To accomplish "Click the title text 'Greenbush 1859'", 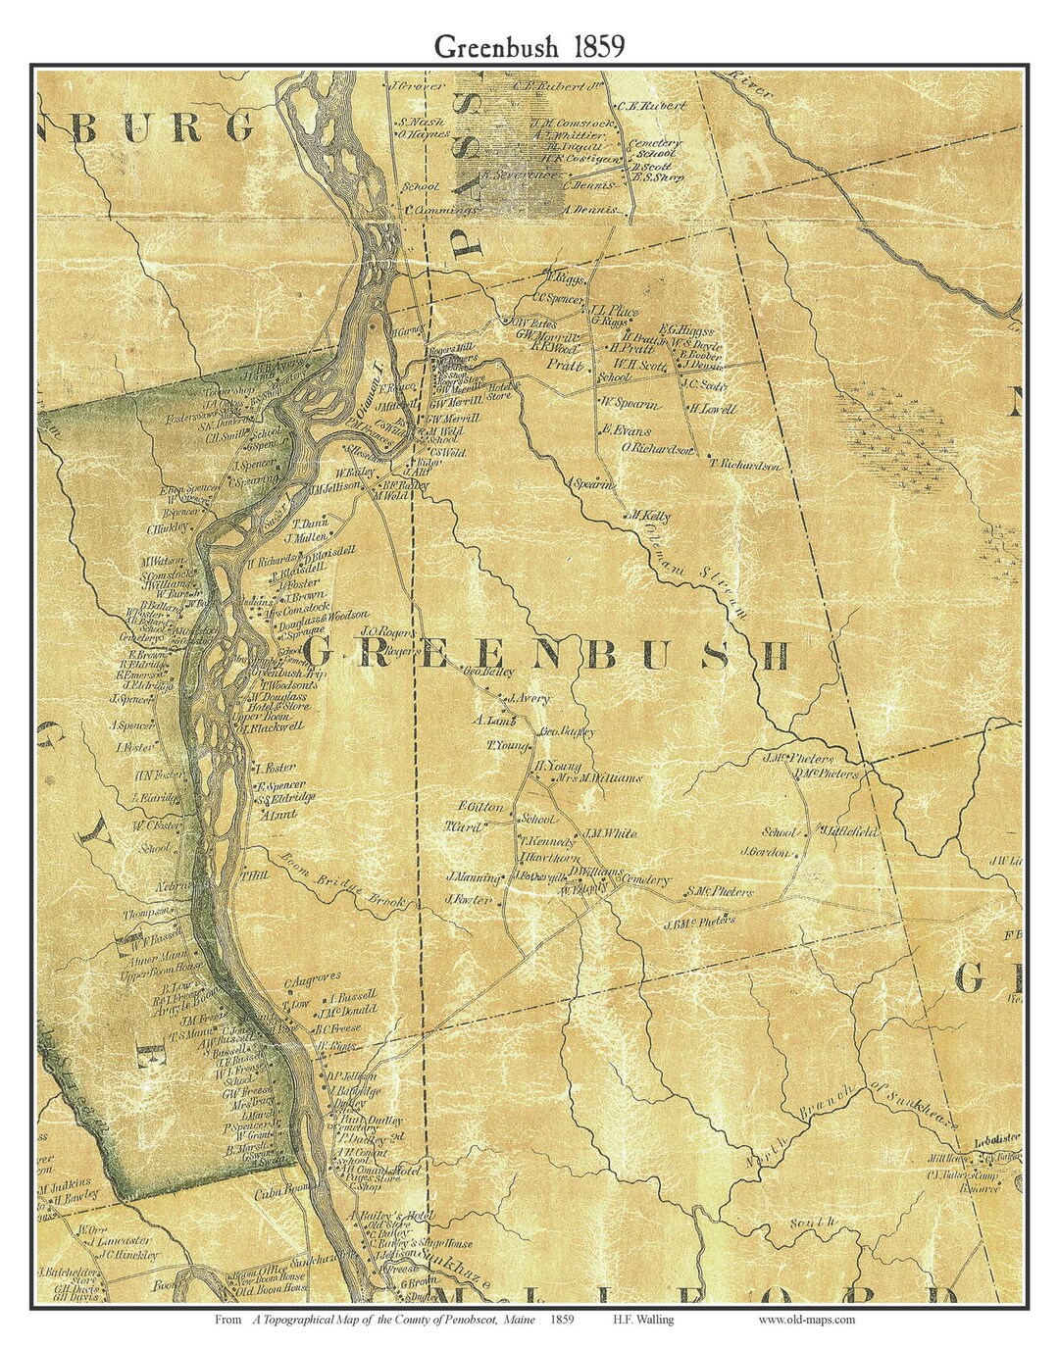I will point(529,46).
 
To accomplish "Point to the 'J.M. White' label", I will point(611,833).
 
